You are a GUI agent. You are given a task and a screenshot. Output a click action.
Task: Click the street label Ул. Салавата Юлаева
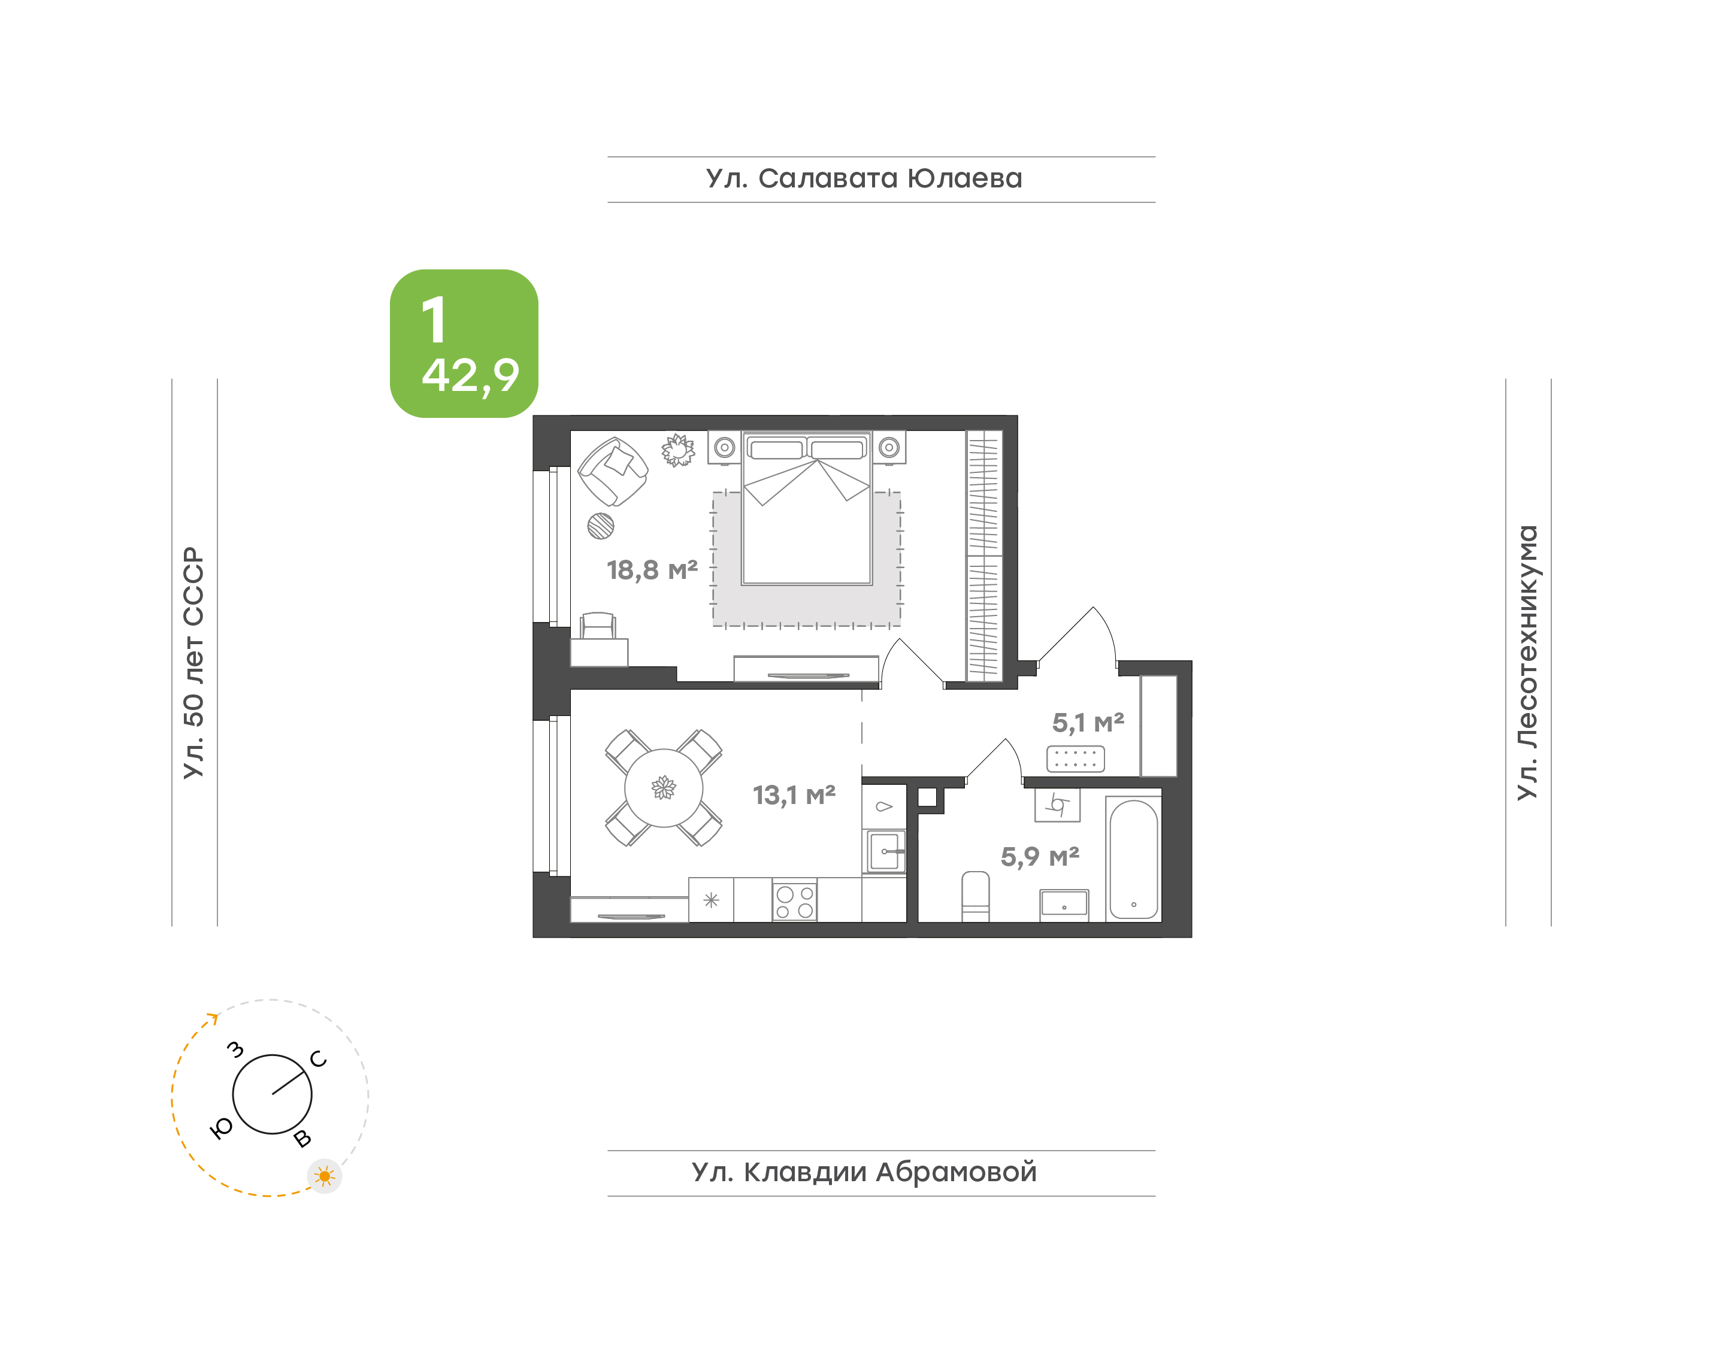(x=864, y=179)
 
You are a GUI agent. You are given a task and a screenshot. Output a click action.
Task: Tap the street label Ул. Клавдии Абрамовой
(x=864, y=1172)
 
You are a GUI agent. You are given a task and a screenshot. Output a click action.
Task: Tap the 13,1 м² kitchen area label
(x=794, y=794)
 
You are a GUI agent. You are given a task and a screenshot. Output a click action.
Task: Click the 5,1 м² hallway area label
(x=1088, y=723)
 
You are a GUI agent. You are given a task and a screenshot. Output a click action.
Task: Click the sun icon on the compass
(x=324, y=1176)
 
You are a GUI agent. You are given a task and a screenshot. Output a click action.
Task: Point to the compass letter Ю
(x=221, y=1128)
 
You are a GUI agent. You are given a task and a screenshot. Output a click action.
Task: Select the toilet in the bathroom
(x=976, y=896)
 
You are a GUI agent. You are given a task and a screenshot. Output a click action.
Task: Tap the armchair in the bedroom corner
(x=613, y=471)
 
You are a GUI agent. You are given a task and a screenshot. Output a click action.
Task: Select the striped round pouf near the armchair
(x=601, y=526)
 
